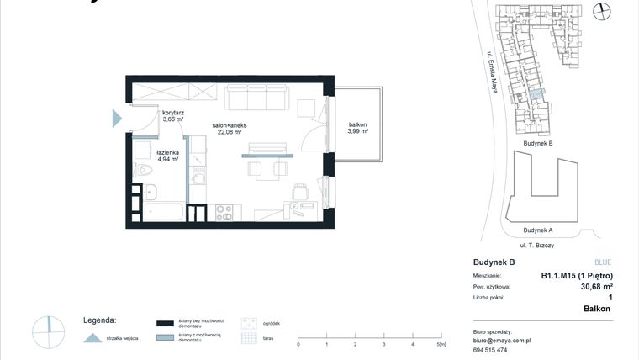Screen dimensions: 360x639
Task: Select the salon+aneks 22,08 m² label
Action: [229, 128]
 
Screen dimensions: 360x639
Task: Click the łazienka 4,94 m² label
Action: [167, 155]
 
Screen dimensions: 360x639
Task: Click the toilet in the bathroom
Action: [145, 173]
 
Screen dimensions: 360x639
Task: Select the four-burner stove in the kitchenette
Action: [224, 212]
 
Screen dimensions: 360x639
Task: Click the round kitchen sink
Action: [199, 178]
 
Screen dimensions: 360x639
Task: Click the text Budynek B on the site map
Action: [538, 143]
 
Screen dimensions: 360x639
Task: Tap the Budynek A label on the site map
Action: [537, 230]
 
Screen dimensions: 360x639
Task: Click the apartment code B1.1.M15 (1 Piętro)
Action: [576, 276]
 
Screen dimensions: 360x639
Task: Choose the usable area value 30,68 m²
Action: [596, 286]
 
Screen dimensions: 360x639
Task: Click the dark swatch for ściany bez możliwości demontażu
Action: [166, 323]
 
